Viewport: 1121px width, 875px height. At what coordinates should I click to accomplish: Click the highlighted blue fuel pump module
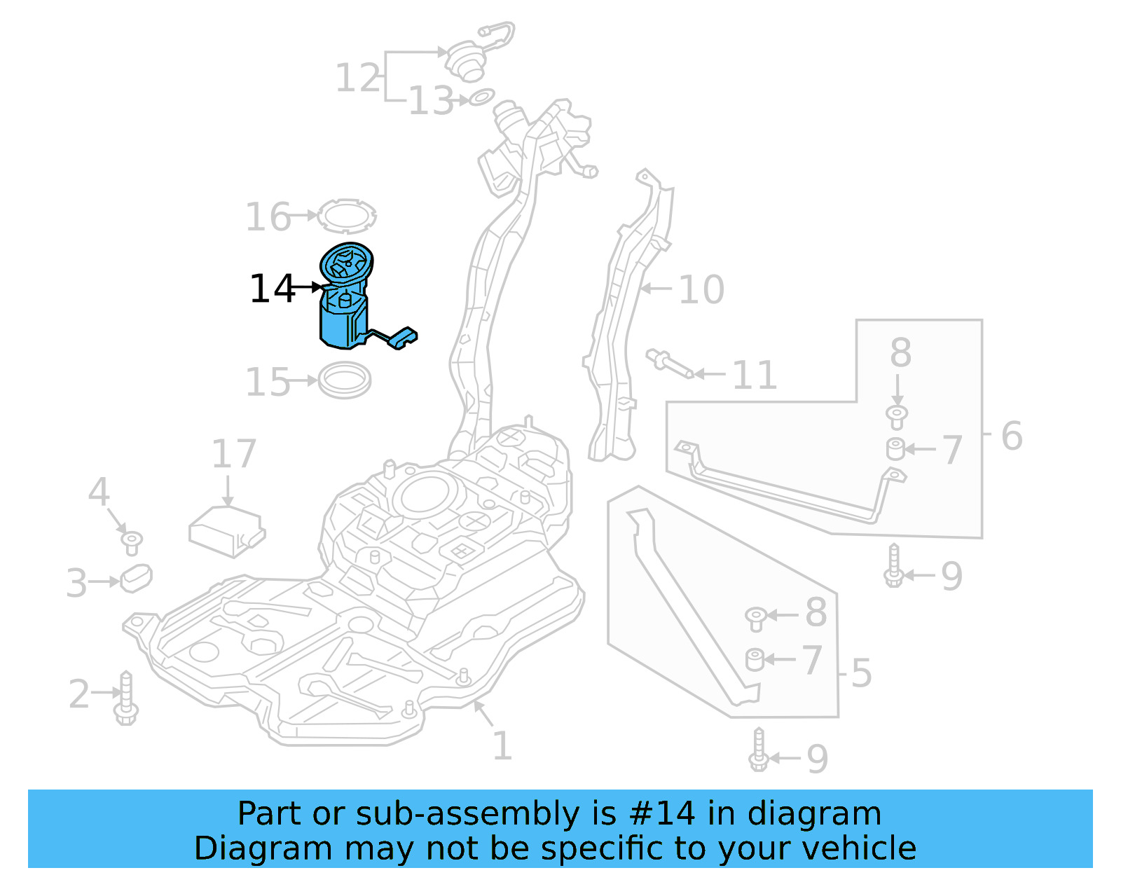tap(344, 308)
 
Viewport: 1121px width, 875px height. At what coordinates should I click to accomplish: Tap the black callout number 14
tap(272, 289)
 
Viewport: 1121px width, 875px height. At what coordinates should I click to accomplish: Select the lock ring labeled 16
tap(346, 216)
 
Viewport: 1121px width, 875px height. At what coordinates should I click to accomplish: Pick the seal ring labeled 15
tap(344, 380)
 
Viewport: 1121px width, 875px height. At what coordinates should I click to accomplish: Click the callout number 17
tap(234, 455)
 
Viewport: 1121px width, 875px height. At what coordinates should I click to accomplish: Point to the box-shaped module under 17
tap(226, 531)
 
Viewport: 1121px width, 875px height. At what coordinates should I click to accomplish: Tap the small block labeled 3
tap(136, 577)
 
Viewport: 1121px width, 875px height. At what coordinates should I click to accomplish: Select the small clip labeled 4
tap(131, 542)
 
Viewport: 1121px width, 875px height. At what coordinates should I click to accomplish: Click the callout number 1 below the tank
tap(502, 745)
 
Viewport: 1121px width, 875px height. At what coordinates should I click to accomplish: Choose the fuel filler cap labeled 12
tap(465, 59)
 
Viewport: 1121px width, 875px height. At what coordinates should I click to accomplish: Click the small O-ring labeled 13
tap(481, 97)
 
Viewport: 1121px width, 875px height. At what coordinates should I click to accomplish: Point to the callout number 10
tap(701, 289)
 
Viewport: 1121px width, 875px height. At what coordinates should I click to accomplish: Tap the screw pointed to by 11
tap(668, 364)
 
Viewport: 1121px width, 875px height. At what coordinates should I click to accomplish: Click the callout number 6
tap(1011, 436)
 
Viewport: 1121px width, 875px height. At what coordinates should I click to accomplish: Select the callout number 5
tap(861, 673)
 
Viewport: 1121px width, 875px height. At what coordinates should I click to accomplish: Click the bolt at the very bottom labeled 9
tap(759, 752)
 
